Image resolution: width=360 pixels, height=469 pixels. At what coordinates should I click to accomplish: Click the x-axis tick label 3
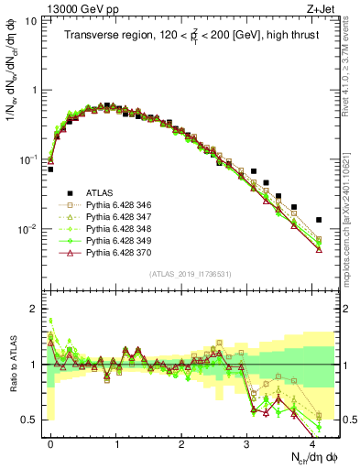click(247, 443)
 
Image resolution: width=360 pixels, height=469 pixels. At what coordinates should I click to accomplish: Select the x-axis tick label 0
click(50, 443)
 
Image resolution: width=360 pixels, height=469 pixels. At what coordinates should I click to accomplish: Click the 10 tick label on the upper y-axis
click(29, 20)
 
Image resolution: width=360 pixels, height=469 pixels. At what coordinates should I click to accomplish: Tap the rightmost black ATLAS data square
click(319, 220)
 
